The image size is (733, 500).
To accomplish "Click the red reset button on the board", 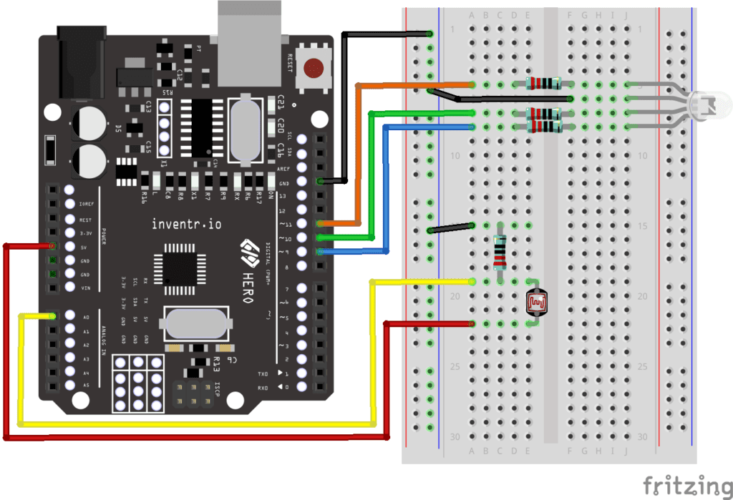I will [313, 68].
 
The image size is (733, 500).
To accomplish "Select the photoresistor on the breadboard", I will [536, 303].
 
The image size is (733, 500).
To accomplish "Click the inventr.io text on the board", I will [186, 224].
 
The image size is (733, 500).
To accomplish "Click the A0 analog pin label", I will [87, 316].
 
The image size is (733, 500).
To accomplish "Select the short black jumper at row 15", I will [451, 228].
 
